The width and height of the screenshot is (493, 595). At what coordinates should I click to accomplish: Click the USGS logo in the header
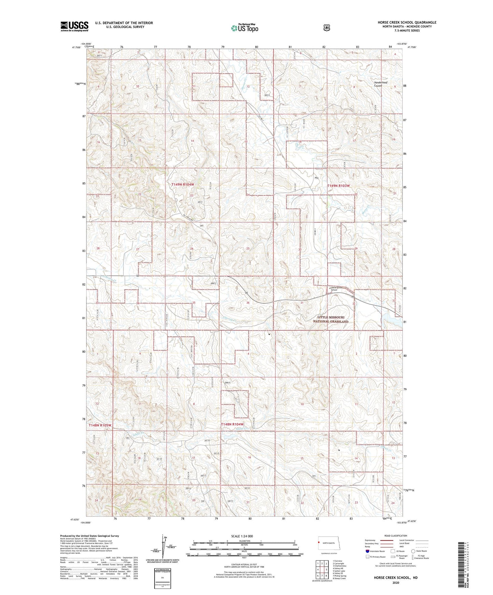click(x=74, y=26)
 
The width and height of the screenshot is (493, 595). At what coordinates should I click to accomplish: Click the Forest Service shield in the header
click(x=327, y=28)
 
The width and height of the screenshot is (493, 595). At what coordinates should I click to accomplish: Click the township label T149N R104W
click(x=183, y=184)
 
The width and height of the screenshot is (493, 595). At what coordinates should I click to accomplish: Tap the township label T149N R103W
click(x=338, y=186)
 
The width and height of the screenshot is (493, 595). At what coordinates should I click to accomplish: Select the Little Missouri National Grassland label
click(x=331, y=319)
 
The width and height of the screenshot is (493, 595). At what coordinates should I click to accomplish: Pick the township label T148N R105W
click(x=100, y=425)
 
